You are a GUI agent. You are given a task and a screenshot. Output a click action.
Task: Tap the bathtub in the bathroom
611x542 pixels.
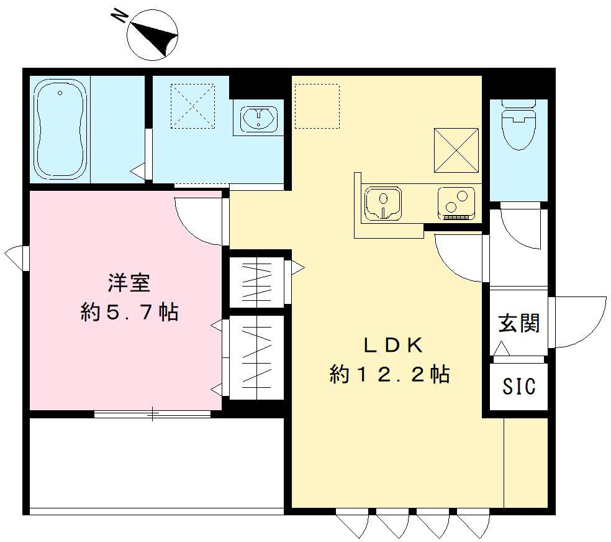click(x=59, y=130)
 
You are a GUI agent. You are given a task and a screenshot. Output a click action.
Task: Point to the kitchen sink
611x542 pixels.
click(x=382, y=203)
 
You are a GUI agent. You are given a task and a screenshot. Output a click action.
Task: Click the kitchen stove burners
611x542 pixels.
click(x=456, y=202)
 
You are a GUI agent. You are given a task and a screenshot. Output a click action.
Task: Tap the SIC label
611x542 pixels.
click(x=518, y=387)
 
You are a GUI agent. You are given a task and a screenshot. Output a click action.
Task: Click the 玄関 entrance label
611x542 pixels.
click(x=518, y=323)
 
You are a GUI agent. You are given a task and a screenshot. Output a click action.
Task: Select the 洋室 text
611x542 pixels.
click(x=129, y=283)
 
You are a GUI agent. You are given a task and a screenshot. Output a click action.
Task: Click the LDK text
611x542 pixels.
click(x=392, y=344)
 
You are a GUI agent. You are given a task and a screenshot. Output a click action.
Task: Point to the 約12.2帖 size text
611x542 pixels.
click(x=390, y=374)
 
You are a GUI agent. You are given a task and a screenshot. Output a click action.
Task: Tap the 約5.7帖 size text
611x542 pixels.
click(x=129, y=313)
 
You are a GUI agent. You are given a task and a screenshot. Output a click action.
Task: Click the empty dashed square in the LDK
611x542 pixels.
click(x=317, y=106)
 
